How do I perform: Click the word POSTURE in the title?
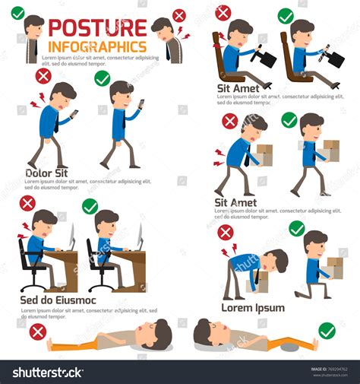click(97, 28)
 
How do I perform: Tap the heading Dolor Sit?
click(46, 173)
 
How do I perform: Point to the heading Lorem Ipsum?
click(253, 307)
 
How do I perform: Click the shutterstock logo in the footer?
click(48, 372)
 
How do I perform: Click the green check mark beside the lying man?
click(327, 331)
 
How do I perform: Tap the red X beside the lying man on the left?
click(36, 331)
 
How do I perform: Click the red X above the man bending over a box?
click(225, 233)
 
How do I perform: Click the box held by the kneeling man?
click(334, 267)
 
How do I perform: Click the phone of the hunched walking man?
click(74, 113)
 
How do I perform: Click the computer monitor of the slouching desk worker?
click(71, 236)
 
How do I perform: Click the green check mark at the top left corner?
click(17, 13)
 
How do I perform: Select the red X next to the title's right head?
click(179, 15)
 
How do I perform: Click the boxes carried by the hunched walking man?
click(263, 154)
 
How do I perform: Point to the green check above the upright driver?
click(286, 15)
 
